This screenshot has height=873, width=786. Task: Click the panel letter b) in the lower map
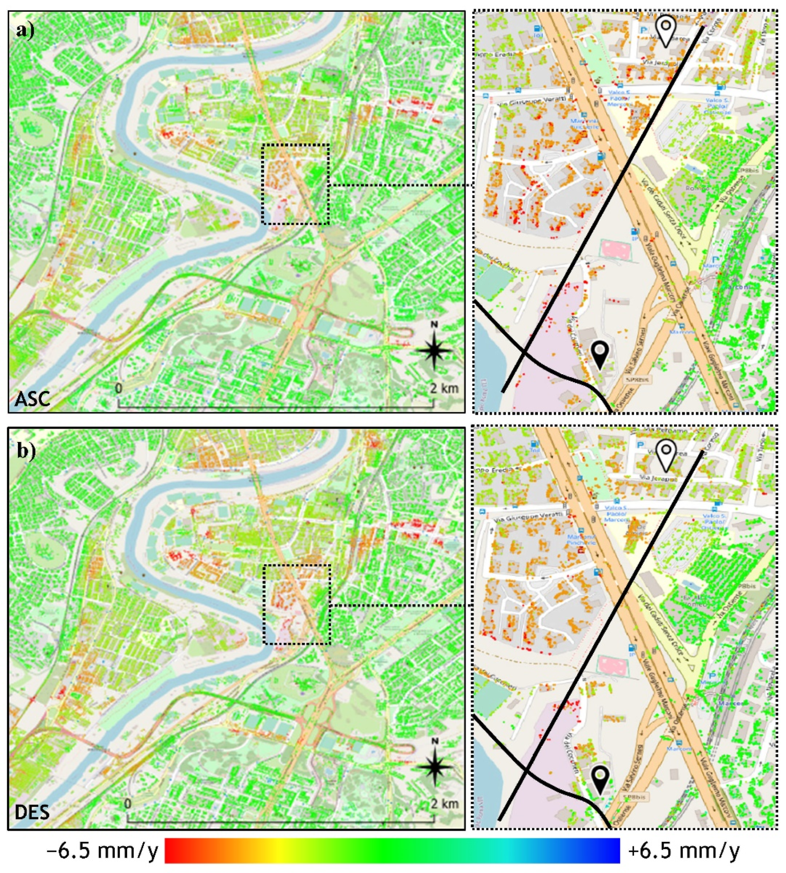pyautogui.click(x=26, y=451)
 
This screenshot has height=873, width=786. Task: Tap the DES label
pyautogui.click(x=32, y=812)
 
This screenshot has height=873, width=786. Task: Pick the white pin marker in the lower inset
pyautogui.click(x=666, y=455)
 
